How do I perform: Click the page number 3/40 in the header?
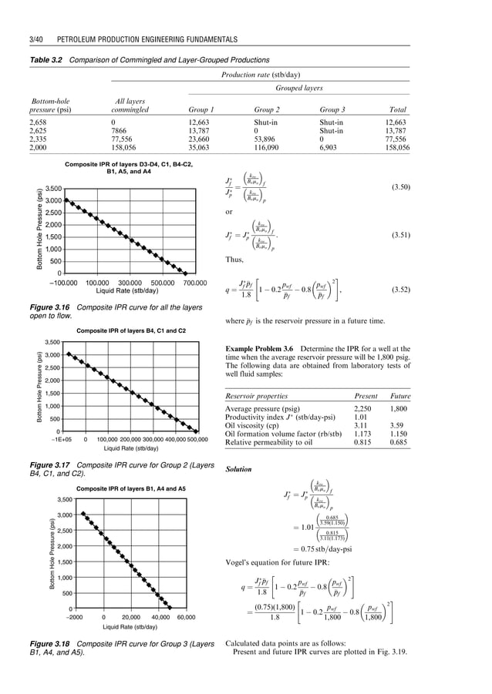click(x=36, y=36)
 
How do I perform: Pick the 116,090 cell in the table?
click(x=270, y=146)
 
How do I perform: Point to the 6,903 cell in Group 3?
click(x=332, y=146)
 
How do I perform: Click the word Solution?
click(x=238, y=469)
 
